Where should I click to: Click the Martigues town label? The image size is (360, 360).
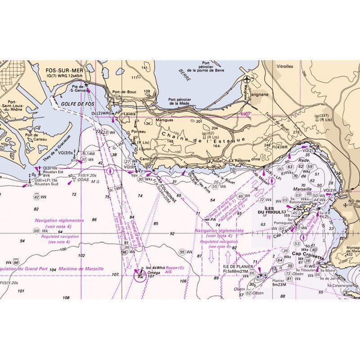point(164,121)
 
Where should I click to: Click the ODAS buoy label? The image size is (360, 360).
point(82,181)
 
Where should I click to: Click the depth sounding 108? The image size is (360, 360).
point(66,297)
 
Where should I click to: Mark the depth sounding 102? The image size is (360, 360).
point(81,255)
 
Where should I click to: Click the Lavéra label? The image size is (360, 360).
point(129,114)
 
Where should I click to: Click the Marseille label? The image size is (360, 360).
point(302,189)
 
